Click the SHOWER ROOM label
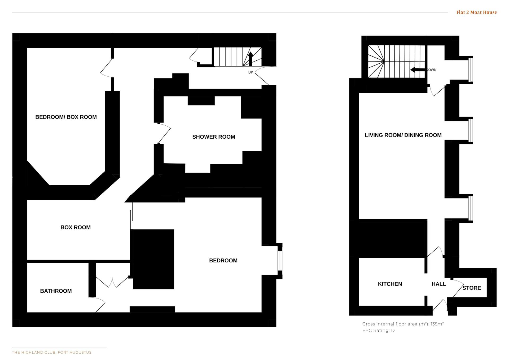[x=214, y=137]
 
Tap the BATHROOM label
[x=56, y=291]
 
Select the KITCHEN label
[x=390, y=284]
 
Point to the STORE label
[x=472, y=288]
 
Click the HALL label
[x=439, y=284]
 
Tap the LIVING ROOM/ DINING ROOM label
[x=403, y=135]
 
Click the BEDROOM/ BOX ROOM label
[x=66, y=117]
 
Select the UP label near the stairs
[x=251, y=72]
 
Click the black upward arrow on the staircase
[x=250, y=59]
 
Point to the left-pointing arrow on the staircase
[x=418, y=70]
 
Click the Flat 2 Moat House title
[x=476, y=12]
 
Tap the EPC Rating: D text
[x=378, y=330]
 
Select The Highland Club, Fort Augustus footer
[x=52, y=352]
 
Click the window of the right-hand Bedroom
[x=280, y=261]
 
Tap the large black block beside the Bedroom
[x=153, y=259]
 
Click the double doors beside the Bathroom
[x=112, y=283]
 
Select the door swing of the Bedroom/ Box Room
[x=107, y=68]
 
